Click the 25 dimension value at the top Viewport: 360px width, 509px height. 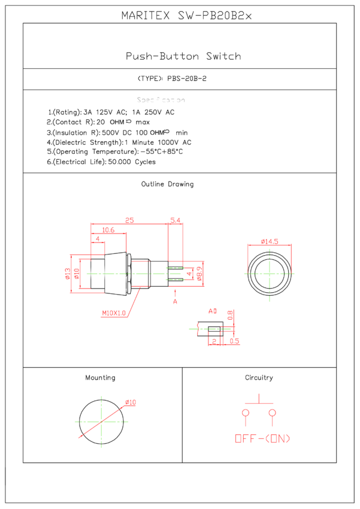[x=129, y=220]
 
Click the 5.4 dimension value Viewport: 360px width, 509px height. [x=175, y=220]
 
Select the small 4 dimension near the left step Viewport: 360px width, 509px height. [x=98, y=239]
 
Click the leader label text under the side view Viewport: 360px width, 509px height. [x=114, y=313]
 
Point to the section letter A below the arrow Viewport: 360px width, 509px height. [x=175, y=302]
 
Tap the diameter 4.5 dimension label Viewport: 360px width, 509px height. [x=270, y=241]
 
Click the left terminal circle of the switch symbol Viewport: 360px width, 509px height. [x=246, y=413]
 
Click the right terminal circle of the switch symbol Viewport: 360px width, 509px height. [x=273, y=413]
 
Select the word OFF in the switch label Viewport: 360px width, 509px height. [x=245, y=439]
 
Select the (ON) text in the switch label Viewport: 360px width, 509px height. [x=277, y=439]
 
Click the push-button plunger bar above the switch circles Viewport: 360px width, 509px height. [x=259, y=403]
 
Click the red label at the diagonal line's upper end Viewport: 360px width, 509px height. [x=131, y=403]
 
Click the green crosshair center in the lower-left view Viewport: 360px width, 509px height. [x=101, y=422]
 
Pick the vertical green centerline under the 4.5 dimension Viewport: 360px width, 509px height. [x=270, y=275]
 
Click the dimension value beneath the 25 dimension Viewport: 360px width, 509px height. [x=108, y=231]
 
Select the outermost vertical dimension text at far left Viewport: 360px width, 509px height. [x=68, y=274]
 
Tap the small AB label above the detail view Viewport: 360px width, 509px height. [x=213, y=311]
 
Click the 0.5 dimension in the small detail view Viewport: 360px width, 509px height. [x=234, y=341]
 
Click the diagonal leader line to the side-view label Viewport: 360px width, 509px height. [x=134, y=302]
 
